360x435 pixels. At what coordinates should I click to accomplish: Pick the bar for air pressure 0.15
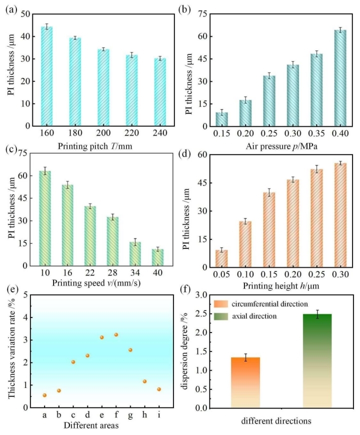point(221,119)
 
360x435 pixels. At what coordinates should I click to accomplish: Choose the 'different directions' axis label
point(279,421)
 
